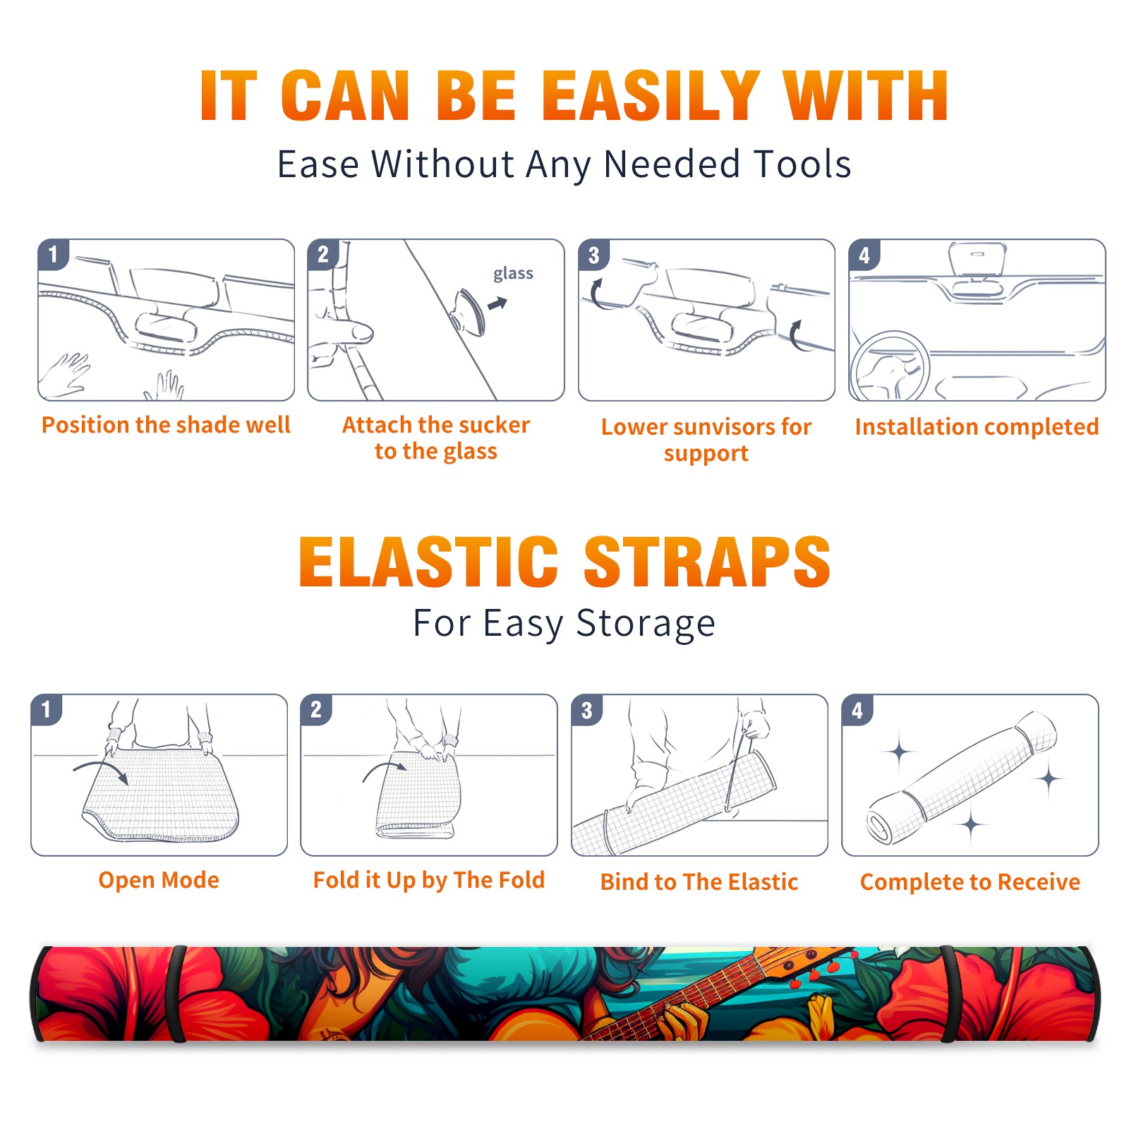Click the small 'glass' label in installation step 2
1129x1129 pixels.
[x=513, y=273]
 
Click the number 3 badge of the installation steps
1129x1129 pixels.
[x=593, y=255]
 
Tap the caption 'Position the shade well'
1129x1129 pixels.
[x=166, y=425]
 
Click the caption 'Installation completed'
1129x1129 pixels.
[x=977, y=427]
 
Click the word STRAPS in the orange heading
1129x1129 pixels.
[x=707, y=562]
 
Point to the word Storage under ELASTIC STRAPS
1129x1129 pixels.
[x=646, y=624]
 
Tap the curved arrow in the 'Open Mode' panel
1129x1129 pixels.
[x=101, y=769]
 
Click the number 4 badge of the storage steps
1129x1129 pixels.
[x=857, y=710]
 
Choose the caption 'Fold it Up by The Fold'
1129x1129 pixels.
[x=429, y=880]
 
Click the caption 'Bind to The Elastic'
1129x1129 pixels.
[x=699, y=882]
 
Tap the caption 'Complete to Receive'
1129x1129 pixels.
[x=970, y=882]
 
